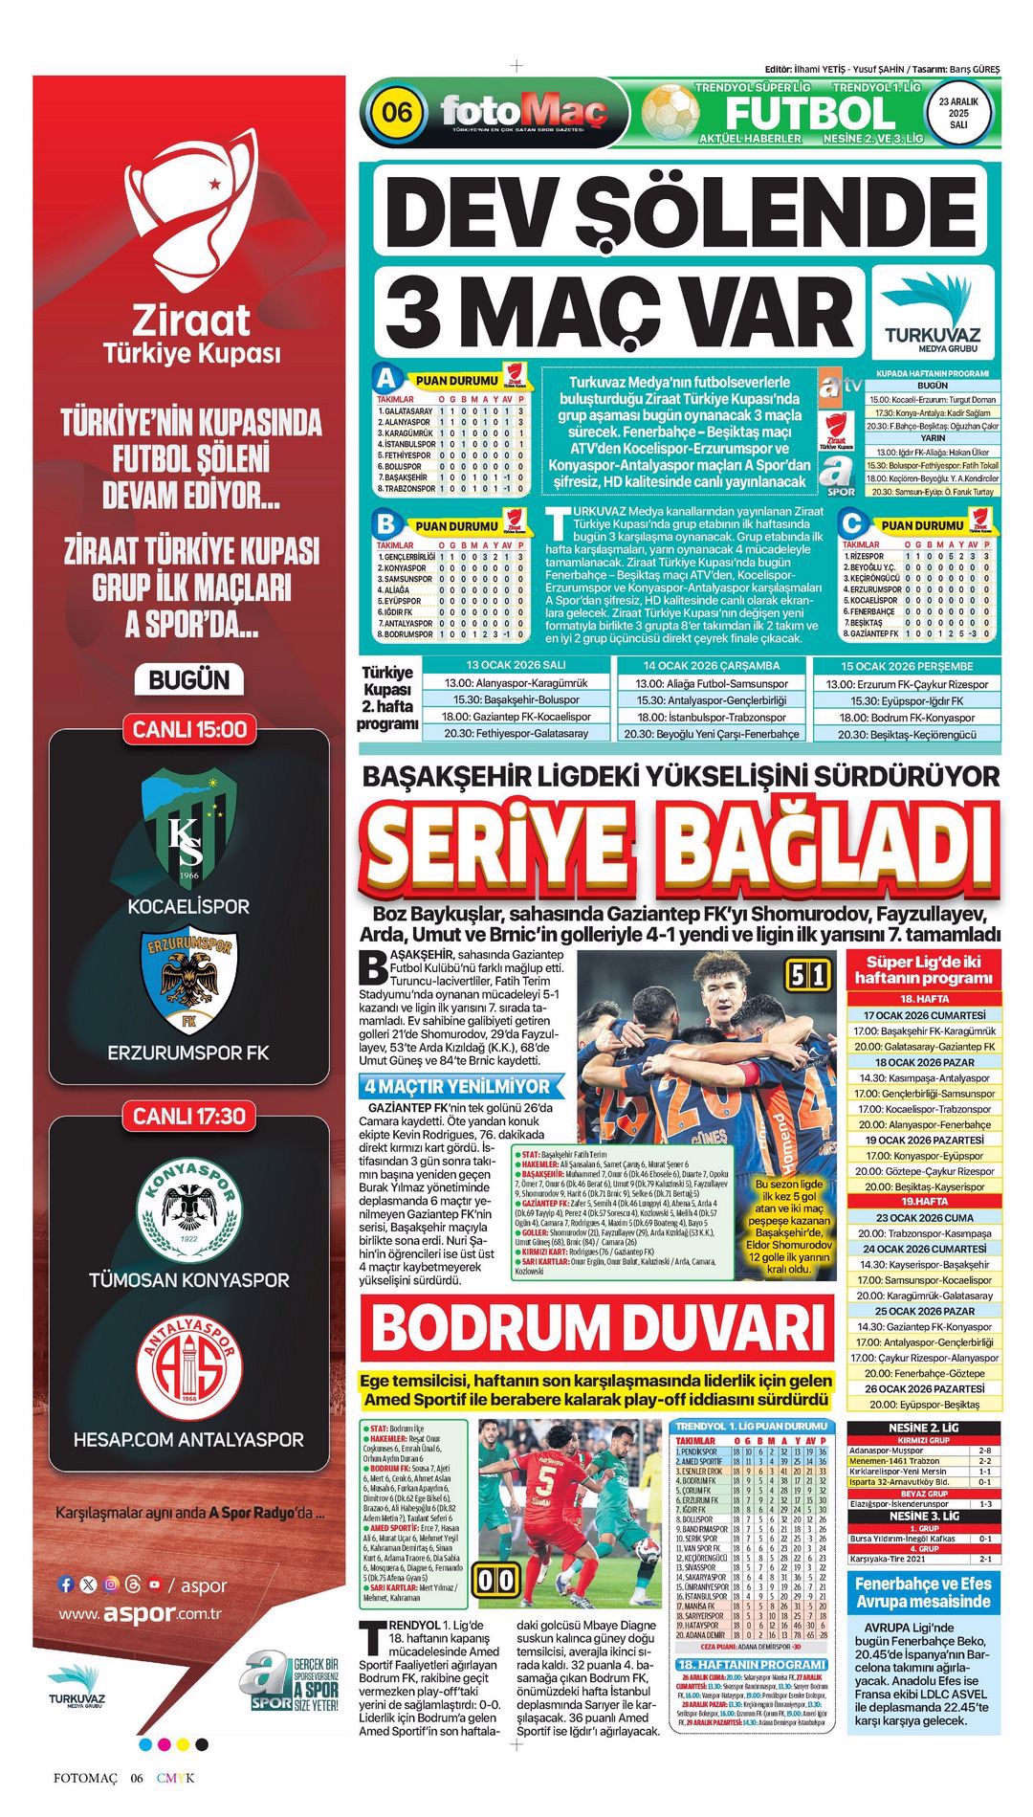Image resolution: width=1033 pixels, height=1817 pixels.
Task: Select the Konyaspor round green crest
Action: pos(188,1208)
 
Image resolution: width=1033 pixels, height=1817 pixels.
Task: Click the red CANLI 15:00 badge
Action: pos(189,729)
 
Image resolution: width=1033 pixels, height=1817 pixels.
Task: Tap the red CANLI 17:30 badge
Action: pos(189,1116)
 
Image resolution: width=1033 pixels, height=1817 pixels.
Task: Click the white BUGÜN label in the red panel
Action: pos(189,680)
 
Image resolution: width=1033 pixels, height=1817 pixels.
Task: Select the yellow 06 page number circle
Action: pos(396,113)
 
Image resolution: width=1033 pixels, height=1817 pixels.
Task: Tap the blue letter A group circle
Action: pos(385,377)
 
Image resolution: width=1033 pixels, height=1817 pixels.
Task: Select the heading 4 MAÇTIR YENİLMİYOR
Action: pos(457,1086)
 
